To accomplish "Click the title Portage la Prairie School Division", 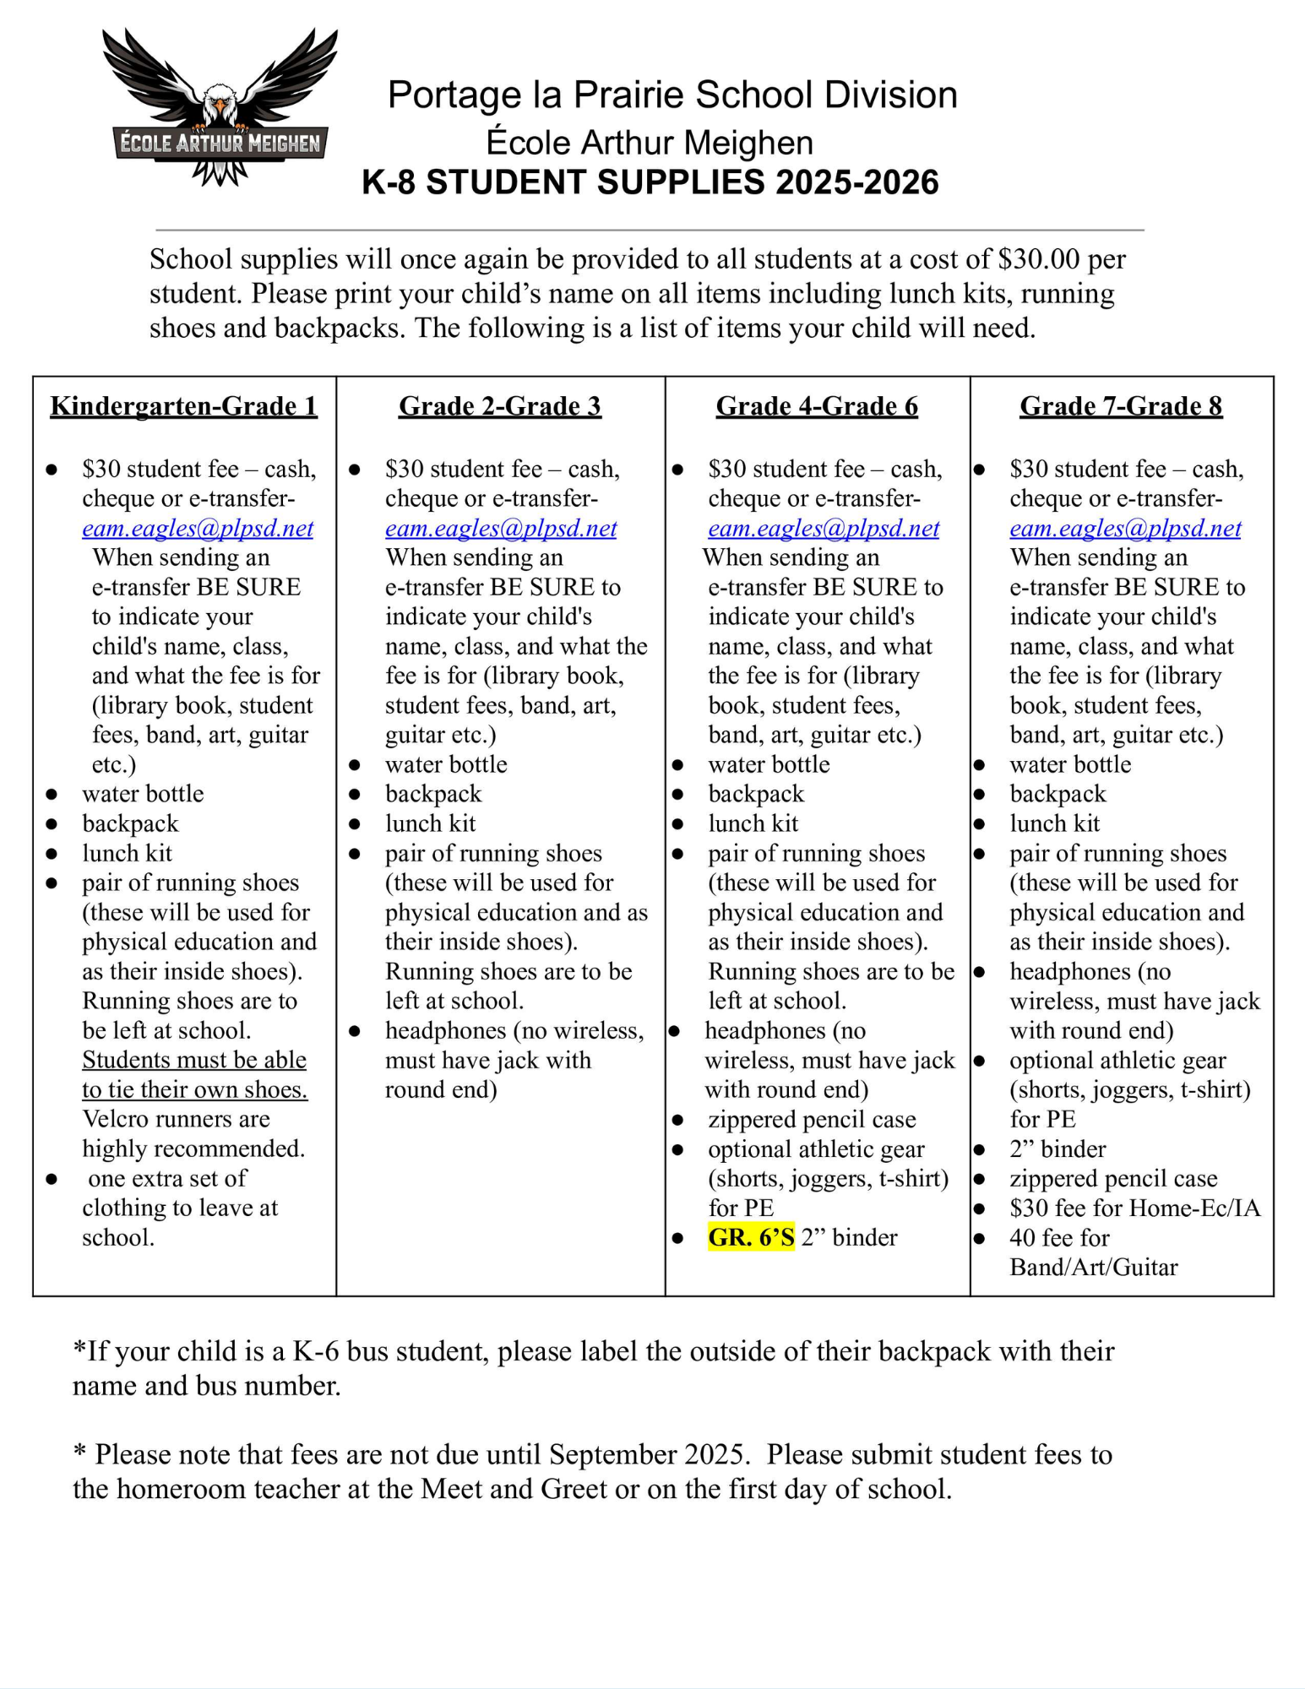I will tap(672, 95).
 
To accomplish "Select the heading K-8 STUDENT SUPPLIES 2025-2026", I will tap(650, 182).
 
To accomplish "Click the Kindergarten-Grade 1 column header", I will tap(183, 406).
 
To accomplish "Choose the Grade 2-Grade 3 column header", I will tap(500, 406).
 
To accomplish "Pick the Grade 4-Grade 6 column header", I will tap(817, 406).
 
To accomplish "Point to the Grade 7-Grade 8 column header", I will tap(1121, 406).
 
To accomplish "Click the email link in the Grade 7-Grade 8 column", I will tap(1125, 529).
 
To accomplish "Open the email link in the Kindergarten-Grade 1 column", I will tap(198, 529).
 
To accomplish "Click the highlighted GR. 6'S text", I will tap(751, 1237).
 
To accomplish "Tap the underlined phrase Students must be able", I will tap(194, 1060).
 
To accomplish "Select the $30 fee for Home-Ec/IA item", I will tap(1134, 1208).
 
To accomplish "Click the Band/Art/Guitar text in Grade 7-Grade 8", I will tap(1093, 1267).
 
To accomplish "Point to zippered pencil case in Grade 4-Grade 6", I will tap(812, 1119).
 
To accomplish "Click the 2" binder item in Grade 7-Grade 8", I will tap(1058, 1149).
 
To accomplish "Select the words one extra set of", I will tap(167, 1178).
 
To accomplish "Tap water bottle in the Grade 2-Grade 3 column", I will tap(446, 764).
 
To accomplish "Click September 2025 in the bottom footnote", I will tap(648, 1454).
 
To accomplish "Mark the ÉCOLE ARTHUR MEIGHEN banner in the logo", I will tap(220, 144).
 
